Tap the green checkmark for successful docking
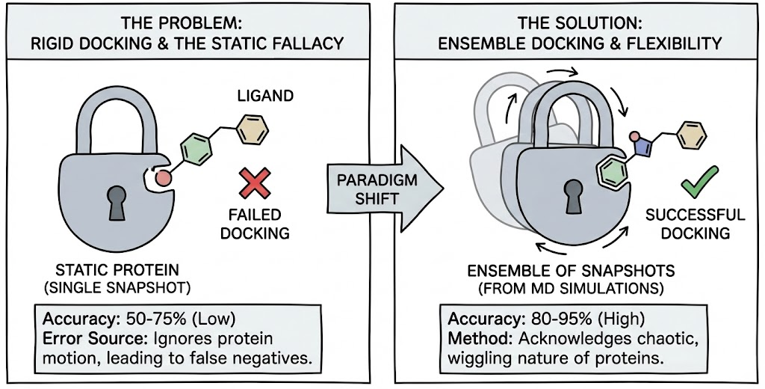(x=699, y=182)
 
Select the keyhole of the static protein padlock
(x=118, y=203)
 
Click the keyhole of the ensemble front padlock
(x=574, y=197)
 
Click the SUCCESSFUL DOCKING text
(x=696, y=224)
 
